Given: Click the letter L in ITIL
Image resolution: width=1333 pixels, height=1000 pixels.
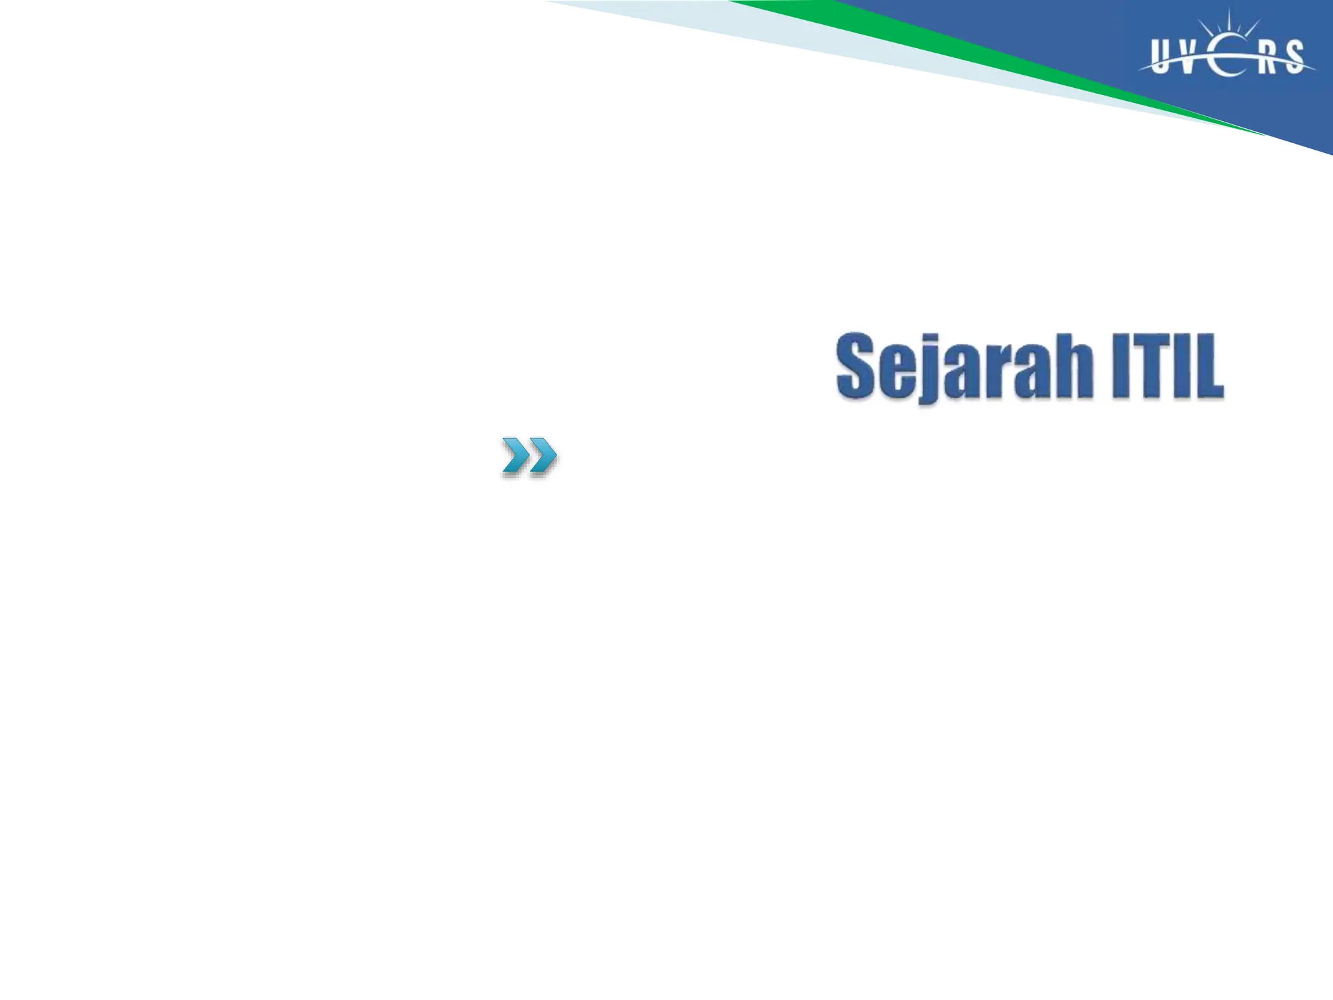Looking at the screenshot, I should point(1209,366).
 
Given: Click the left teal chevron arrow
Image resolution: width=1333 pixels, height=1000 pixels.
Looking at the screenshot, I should point(515,455).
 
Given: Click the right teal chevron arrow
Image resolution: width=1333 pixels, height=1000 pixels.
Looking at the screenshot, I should point(542,455).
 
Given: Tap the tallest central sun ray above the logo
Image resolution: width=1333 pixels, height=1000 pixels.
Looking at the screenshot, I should point(1228,21).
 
